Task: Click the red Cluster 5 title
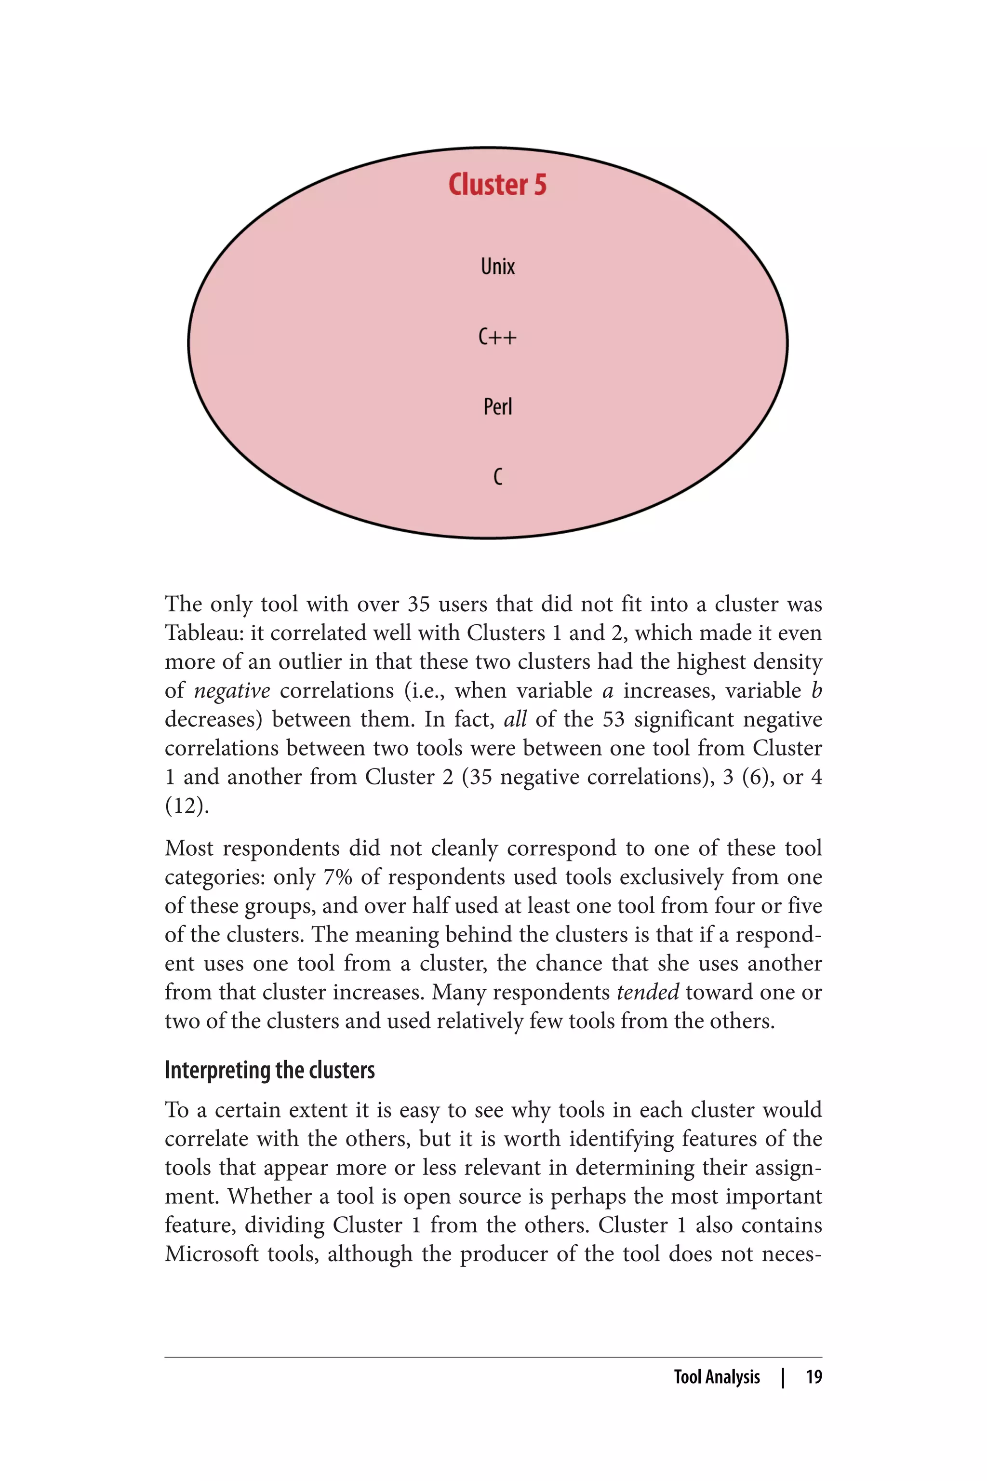497,185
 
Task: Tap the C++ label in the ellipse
497,337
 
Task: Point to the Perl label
497,407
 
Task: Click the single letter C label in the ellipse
497,477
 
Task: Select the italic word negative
232,691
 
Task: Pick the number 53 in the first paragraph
614,719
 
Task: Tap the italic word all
515,719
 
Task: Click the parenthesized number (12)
187,806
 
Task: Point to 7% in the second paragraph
337,877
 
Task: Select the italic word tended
648,992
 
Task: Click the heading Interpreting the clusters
269,1070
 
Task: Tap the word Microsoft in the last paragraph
212,1253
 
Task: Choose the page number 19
814,1377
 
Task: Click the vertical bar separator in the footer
783,1377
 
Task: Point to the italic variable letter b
816,691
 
